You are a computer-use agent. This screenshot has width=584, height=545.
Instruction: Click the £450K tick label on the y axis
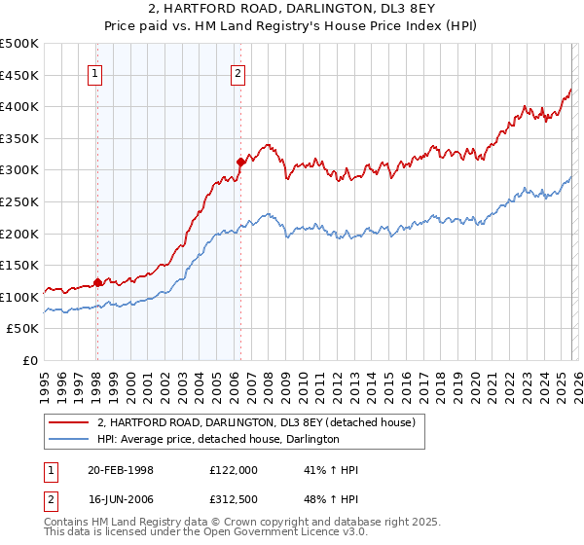point(19,75)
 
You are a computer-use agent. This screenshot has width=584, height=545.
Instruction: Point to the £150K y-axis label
point(19,265)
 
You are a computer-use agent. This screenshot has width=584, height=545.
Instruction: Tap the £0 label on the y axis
point(30,360)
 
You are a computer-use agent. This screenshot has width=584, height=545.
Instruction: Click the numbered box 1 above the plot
point(96,71)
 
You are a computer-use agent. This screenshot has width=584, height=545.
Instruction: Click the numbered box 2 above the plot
point(238,71)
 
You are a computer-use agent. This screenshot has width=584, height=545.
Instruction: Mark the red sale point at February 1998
point(97,283)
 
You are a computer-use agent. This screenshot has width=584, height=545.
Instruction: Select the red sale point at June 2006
point(240,162)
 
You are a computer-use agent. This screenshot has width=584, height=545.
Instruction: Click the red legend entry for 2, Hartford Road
point(256,422)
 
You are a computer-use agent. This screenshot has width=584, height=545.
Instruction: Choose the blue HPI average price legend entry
point(217,440)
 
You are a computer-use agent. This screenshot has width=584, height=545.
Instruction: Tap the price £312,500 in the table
point(233,499)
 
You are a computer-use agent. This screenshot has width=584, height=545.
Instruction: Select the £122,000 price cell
point(233,470)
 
